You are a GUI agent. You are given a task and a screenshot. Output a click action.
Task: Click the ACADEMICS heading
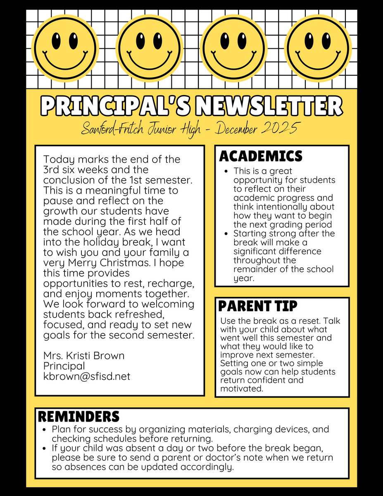pos(261,156)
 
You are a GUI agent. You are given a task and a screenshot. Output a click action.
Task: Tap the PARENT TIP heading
pos(257,306)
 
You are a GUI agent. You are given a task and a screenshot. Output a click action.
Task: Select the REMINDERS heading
pos(79,416)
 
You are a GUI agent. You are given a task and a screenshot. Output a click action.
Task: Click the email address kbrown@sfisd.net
pos(87,376)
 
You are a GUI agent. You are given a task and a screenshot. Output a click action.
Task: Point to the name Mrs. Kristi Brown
pos(83,355)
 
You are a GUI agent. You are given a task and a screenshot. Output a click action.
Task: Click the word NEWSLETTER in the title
pos(269,107)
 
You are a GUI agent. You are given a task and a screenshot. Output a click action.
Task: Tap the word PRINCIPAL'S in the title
pos(115,107)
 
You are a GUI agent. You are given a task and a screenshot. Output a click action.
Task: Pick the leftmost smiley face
pos(65,45)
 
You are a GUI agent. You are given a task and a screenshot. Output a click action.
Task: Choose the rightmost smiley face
pos(318,45)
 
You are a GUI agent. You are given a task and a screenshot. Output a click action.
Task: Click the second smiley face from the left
pos(149,45)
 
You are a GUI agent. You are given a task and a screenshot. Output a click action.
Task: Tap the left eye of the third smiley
pos(225,41)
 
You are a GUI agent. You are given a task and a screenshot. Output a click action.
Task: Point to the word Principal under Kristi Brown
pos(64,366)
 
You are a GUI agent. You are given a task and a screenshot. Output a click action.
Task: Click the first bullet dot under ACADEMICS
pos(226,171)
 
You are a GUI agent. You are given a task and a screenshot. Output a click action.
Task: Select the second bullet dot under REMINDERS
pos(45,448)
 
